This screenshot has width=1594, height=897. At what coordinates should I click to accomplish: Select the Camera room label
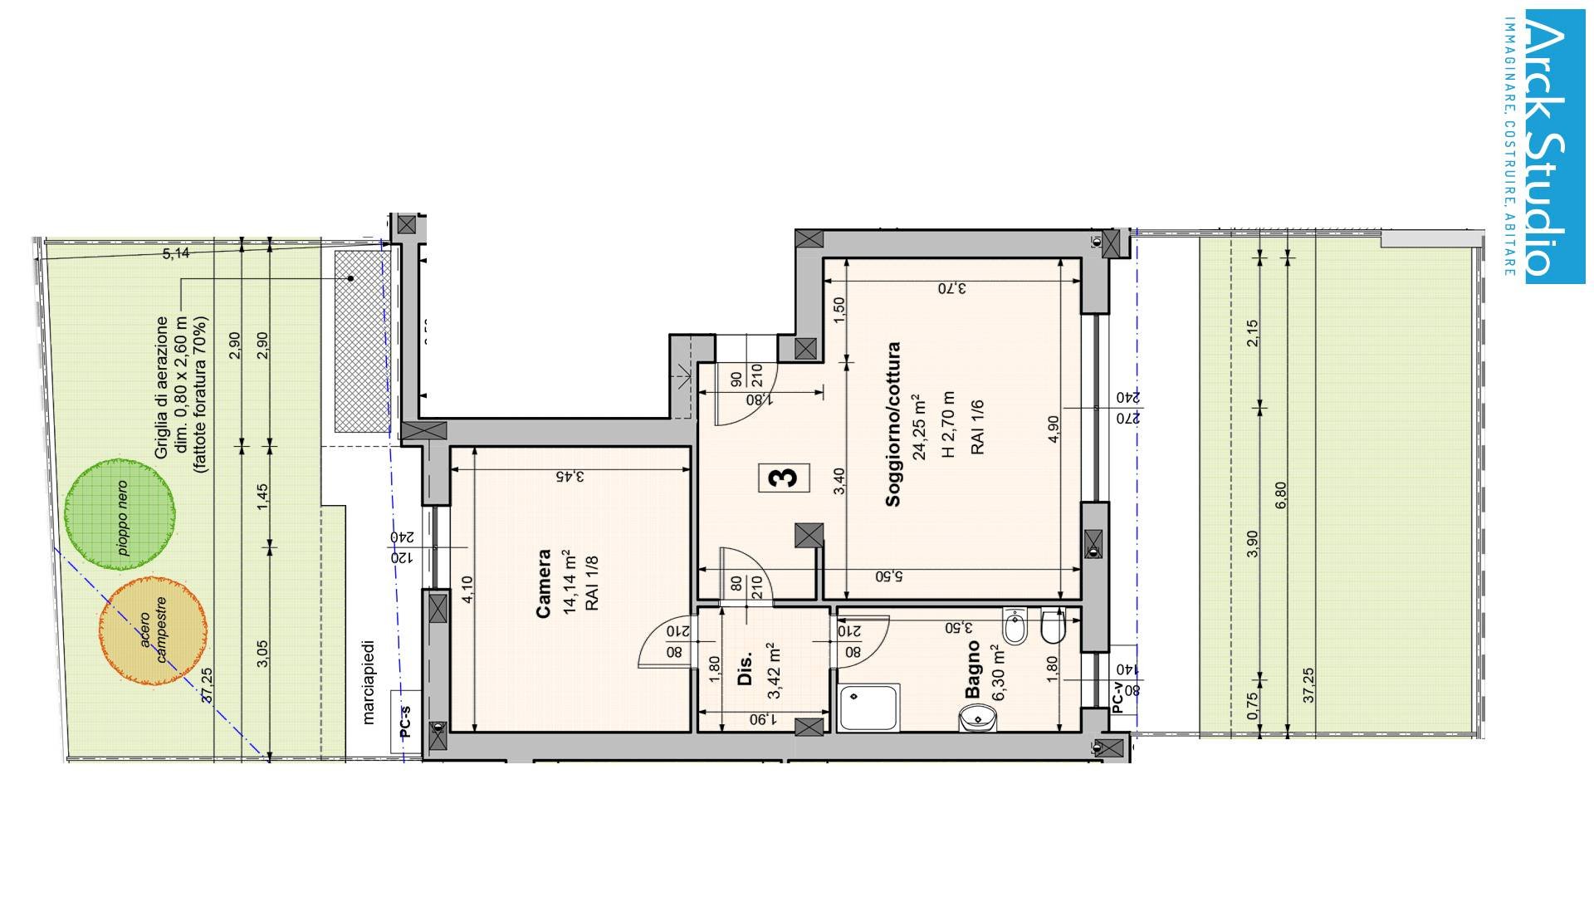pyautogui.click(x=545, y=583)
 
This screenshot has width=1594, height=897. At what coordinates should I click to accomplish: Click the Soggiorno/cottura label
pyautogui.click(x=893, y=424)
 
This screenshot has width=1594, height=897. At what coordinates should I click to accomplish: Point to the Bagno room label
pyautogui.click(x=972, y=669)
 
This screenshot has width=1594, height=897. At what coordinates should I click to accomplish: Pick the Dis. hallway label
pyautogui.click(x=745, y=669)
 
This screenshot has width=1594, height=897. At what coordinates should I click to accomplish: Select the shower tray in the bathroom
pyautogui.click(x=868, y=708)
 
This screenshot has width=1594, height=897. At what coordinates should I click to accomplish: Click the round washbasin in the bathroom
pyautogui.click(x=977, y=717)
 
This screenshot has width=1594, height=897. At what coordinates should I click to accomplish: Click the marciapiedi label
pyautogui.click(x=369, y=681)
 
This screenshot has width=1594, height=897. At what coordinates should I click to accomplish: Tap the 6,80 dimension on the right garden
pyautogui.click(x=1280, y=496)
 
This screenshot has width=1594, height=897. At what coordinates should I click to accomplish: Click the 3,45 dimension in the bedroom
pyautogui.click(x=570, y=477)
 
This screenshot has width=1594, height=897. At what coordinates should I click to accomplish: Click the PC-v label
pyautogui.click(x=1117, y=698)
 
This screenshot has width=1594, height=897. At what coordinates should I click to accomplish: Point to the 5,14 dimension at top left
pyautogui.click(x=175, y=253)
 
